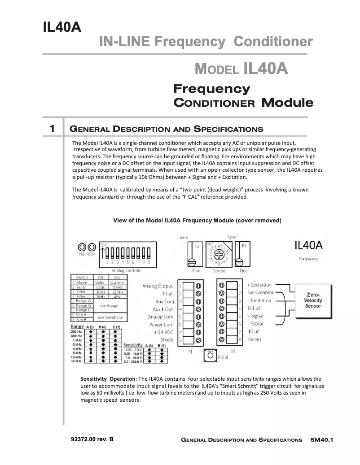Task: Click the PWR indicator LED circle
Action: point(82,248)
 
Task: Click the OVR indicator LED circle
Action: point(92,248)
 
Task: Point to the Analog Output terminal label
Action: point(158,286)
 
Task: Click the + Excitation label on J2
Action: point(260,285)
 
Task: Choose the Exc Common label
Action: point(261,293)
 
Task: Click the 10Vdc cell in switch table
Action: point(117,287)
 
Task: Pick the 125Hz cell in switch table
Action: point(117,292)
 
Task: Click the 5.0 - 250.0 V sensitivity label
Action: point(133,361)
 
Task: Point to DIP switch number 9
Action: point(148,262)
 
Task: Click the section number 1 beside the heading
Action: point(52,129)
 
